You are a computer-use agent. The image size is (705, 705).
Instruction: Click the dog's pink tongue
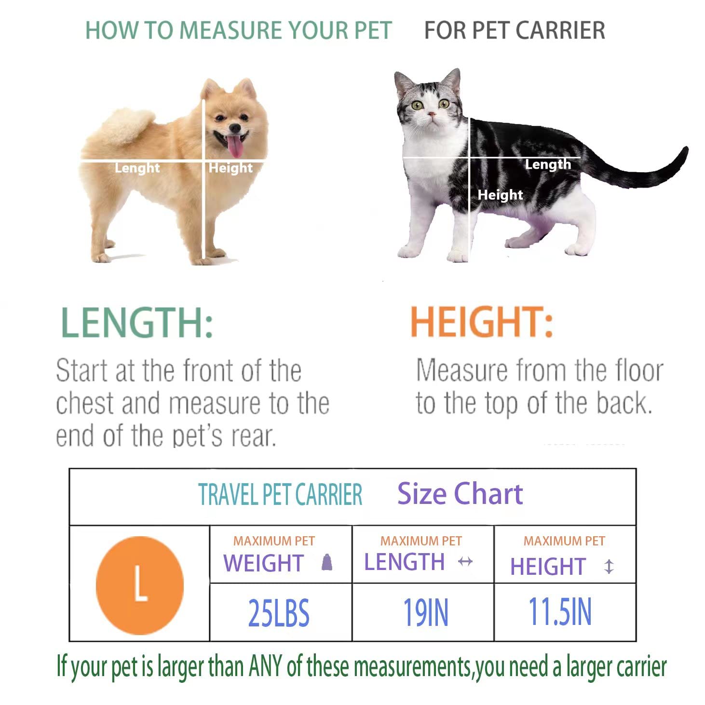click(x=235, y=147)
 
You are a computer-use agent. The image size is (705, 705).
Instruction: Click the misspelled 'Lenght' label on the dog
click(x=137, y=168)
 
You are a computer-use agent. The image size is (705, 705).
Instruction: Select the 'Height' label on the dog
click(x=230, y=168)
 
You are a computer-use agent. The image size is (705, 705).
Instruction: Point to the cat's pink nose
click(x=432, y=114)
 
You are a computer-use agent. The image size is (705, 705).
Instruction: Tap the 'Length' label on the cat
click(x=548, y=164)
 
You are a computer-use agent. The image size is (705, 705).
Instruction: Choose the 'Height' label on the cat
click(x=500, y=195)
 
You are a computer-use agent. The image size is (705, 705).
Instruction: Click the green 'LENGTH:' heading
click(x=137, y=323)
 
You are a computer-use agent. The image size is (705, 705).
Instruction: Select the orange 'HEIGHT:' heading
click(x=481, y=322)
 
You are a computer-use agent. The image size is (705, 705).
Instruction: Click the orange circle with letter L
click(x=140, y=584)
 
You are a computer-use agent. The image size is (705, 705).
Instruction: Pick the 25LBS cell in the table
click(x=279, y=613)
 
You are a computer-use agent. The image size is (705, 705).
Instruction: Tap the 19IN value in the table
click(x=425, y=613)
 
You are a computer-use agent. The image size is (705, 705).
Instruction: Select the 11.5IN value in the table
click(x=560, y=612)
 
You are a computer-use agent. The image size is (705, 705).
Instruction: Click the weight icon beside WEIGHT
click(x=327, y=562)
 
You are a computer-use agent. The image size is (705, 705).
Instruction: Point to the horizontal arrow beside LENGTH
click(x=465, y=562)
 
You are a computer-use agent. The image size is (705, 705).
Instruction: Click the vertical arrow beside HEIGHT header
click(x=609, y=566)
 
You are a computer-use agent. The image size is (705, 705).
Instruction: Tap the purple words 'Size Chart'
click(x=460, y=494)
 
